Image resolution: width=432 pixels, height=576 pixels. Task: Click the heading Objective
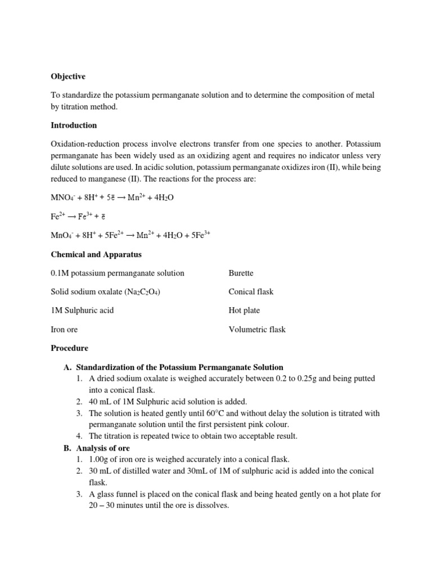click(68, 76)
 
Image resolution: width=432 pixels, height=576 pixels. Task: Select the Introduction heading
click(74, 125)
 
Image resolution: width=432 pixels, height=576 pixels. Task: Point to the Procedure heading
click(69, 348)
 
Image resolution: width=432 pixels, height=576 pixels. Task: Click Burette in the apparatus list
click(241, 273)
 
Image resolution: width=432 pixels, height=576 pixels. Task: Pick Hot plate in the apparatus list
click(244, 310)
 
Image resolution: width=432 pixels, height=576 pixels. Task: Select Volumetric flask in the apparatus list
click(256, 329)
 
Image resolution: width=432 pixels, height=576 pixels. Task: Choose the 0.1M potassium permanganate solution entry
click(118, 273)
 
